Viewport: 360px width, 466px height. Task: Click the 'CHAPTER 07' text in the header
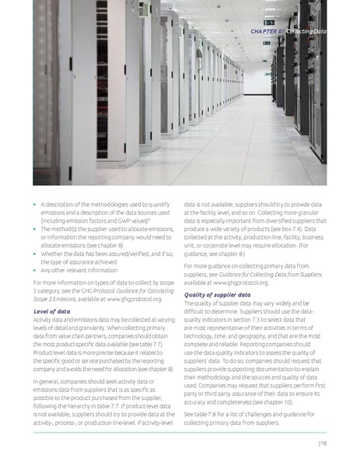coord(267,30)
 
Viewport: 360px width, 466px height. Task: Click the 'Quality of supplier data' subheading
coord(217,295)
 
